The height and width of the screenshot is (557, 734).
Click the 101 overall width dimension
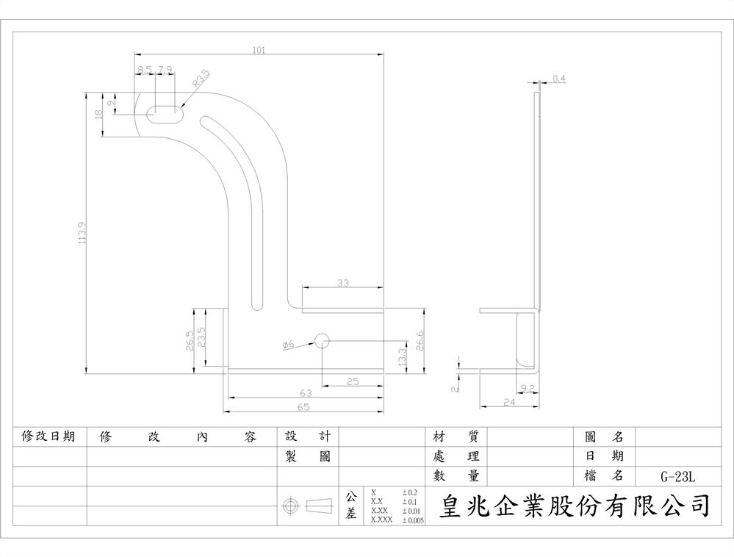tap(259, 50)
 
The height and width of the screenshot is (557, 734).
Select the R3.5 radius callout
tap(201, 79)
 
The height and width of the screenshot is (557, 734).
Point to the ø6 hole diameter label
tap(287, 344)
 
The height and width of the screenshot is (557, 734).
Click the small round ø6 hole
tap(321, 339)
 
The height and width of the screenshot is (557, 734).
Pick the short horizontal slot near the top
tap(166, 114)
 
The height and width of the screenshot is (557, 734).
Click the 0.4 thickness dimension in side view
tap(558, 78)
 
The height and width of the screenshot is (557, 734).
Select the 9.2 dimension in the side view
tap(527, 387)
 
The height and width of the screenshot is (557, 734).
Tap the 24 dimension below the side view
tap(509, 402)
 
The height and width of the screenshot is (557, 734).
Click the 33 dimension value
tap(343, 283)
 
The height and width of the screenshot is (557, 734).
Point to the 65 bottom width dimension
tap(303, 406)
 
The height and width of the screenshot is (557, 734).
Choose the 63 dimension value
tap(305, 393)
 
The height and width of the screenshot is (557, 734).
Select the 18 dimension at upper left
tap(99, 114)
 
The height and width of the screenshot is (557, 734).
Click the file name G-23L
tap(677, 476)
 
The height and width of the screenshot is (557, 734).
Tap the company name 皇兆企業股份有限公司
tap(575, 506)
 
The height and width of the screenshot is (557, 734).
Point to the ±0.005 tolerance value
tap(413, 520)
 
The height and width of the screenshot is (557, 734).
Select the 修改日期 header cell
tap(48, 436)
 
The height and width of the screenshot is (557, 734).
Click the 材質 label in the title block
tap(456, 436)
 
